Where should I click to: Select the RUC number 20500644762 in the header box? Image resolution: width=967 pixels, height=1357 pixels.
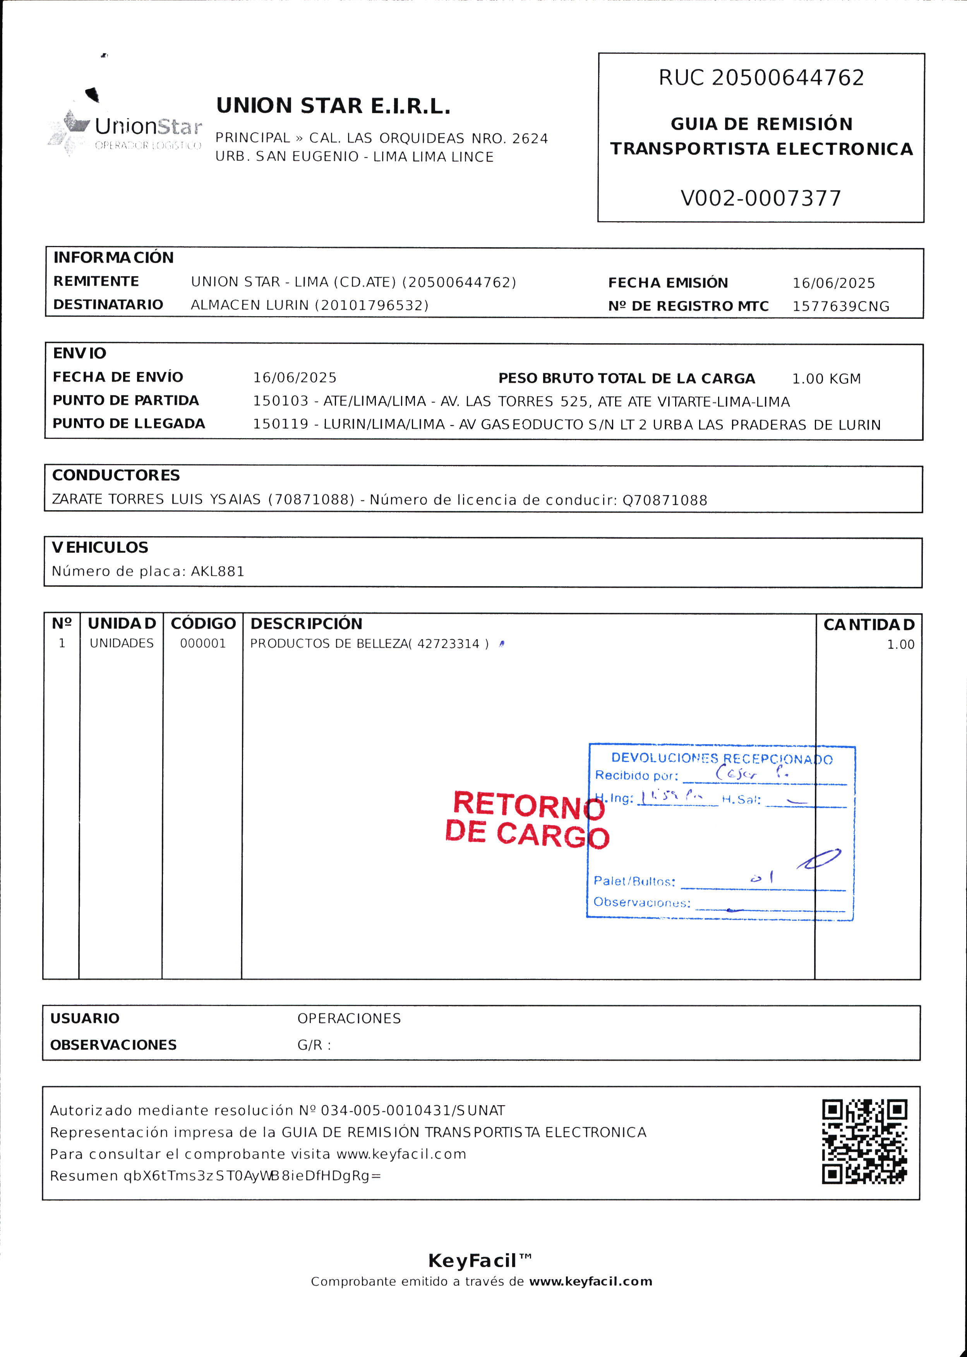point(787,78)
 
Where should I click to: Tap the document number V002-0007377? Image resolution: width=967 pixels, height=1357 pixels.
point(761,198)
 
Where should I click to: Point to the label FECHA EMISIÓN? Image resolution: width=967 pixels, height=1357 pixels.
point(667,283)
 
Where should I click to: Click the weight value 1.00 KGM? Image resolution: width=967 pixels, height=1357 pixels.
point(826,379)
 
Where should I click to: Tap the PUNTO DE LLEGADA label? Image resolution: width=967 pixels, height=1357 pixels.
point(129,423)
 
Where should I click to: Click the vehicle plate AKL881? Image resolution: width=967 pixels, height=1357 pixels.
point(217,572)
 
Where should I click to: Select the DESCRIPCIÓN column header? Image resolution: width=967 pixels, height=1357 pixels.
point(306,624)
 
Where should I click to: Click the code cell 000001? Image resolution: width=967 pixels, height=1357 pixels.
point(203,643)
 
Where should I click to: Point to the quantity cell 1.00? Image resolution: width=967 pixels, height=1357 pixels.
point(900,645)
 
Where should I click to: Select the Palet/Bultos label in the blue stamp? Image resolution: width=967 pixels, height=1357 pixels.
point(634,881)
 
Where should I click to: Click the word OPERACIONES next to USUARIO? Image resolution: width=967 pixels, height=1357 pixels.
point(349,1019)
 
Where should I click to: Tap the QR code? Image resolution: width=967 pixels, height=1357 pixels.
point(864,1141)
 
